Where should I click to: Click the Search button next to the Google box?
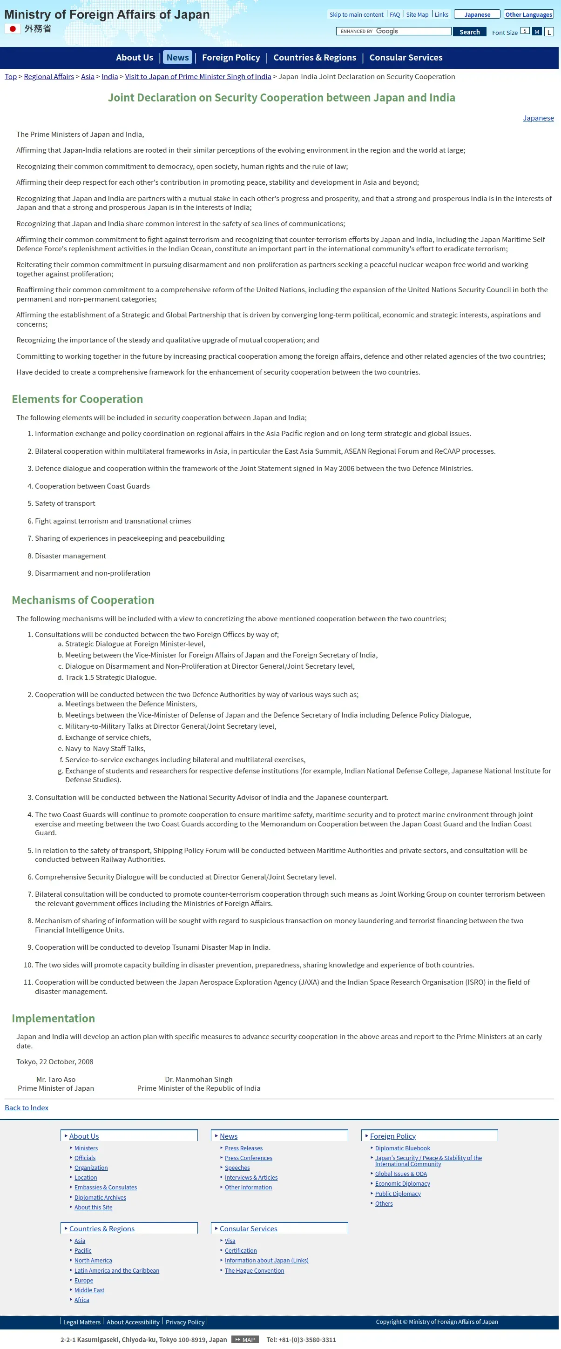(x=469, y=32)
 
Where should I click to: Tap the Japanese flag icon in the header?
(x=13, y=29)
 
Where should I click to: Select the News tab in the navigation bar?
(x=177, y=58)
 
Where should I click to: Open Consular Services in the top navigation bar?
(x=406, y=58)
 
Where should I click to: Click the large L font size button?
(x=548, y=32)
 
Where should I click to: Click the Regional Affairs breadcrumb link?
(x=49, y=76)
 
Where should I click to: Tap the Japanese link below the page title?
(x=538, y=118)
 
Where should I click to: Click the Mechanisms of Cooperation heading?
(x=83, y=600)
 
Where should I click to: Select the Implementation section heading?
(x=54, y=1018)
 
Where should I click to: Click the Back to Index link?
(x=27, y=1107)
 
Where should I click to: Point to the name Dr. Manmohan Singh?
(x=198, y=1079)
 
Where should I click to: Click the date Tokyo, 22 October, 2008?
(x=55, y=1061)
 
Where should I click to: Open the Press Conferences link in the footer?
(x=248, y=1158)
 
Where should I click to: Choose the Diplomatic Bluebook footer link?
(x=402, y=1148)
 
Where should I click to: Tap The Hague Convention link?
(x=255, y=1270)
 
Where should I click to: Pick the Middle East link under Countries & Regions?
(x=89, y=1290)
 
